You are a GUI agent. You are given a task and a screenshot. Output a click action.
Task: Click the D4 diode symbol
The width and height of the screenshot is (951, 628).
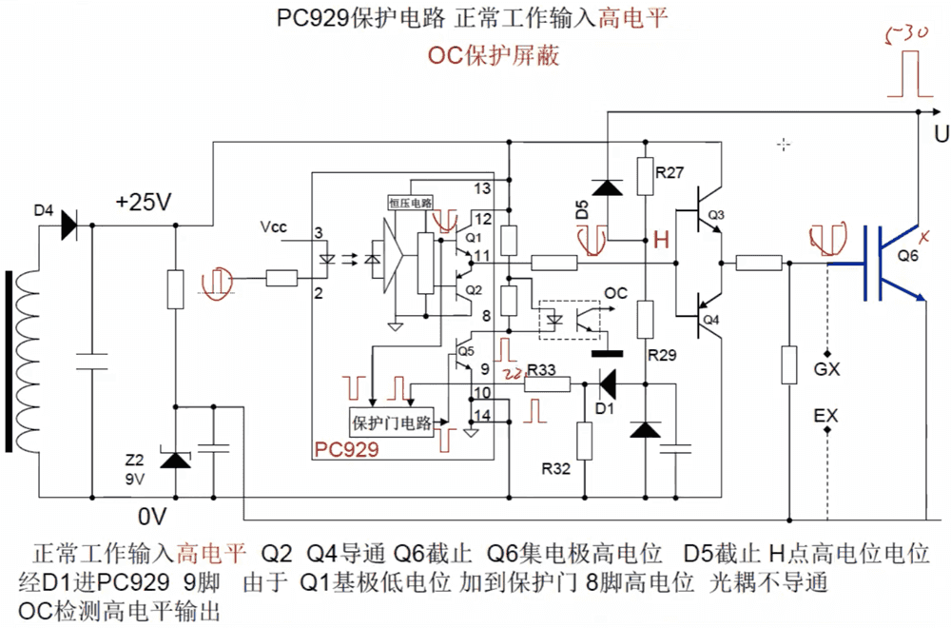pos(68,226)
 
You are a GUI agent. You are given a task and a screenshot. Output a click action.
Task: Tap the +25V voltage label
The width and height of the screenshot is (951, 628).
pos(143,203)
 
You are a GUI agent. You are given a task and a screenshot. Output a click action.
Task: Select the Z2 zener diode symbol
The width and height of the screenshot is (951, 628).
pos(174,461)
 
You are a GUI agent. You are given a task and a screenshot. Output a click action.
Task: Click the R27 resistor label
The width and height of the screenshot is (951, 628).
pos(670,172)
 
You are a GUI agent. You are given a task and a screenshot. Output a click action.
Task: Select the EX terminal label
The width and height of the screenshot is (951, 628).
pos(826,416)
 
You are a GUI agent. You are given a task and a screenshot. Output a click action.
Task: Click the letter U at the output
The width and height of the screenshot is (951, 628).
pos(941,134)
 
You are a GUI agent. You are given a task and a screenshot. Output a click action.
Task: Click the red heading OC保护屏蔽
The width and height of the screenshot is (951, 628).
pos(493,55)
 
